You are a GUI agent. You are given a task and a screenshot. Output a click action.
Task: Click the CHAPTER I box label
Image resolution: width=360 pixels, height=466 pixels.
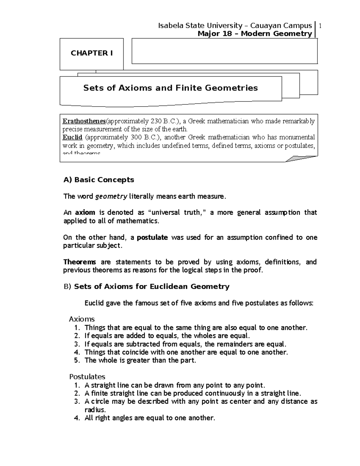pyautogui.click(x=91, y=53)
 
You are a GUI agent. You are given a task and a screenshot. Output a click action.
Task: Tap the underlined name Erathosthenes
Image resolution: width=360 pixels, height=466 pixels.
pyautogui.click(x=84, y=121)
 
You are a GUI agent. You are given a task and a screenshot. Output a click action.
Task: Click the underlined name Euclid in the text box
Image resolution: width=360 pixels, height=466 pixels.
pyautogui.click(x=72, y=137)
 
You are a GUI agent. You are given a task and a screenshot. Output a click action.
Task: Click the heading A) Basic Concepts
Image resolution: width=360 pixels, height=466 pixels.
pyautogui.click(x=99, y=180)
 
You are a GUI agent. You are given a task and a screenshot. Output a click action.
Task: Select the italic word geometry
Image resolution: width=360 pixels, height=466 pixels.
pyautogui.click(x=111, y=197)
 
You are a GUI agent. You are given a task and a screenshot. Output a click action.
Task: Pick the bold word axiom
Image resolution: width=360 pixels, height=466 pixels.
pyautogui.click(x=85, y=212)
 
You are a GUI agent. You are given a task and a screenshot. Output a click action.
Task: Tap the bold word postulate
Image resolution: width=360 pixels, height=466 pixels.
pyautogui.click(x=152, y=238)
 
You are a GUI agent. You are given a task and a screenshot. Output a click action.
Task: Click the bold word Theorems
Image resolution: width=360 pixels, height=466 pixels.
pyautogui.click(x=79, y=262)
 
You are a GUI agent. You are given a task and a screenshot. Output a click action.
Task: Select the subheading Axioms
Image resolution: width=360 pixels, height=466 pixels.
pyautogui.click(x=82, y=319)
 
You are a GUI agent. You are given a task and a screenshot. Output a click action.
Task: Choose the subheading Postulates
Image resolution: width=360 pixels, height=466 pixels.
pyautogui.click(x=87, y=377)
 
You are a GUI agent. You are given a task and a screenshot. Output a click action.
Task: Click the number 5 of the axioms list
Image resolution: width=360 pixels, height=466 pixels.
pyautogui.click(x=76, y=360)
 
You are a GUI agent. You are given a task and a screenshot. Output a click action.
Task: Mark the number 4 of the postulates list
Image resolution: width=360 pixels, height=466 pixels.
pyautogui.click(x=76, y=418)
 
